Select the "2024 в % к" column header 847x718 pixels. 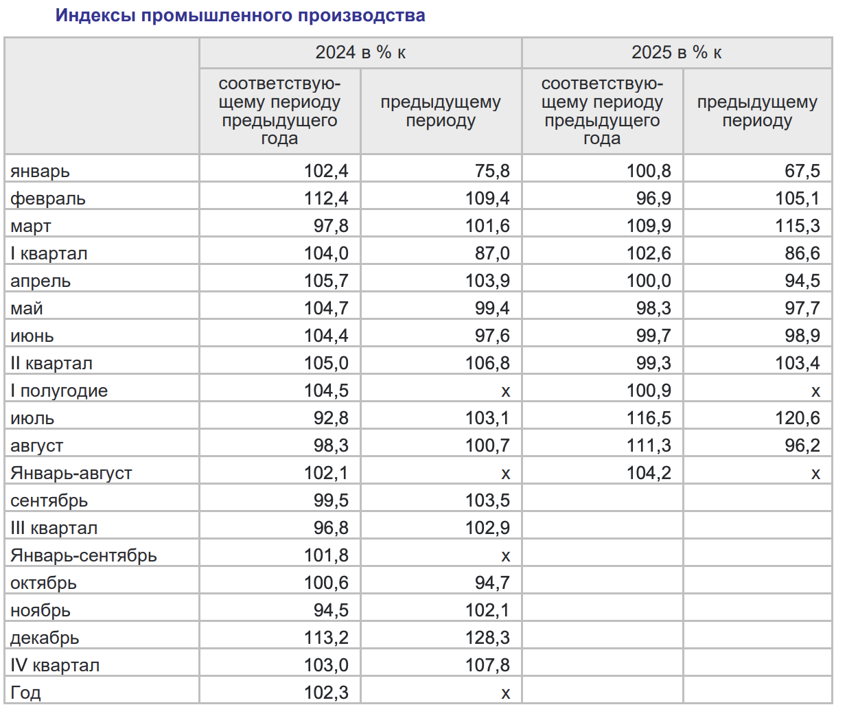[360, 53]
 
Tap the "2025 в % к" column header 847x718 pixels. [676, 53]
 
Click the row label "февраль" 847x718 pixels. [48, 199]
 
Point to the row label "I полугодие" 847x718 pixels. [59, 391]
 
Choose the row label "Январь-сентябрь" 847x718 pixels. [84, 556]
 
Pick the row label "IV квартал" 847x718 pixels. [55, 666]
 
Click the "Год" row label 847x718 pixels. [25, 693]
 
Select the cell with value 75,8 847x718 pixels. [492, 171]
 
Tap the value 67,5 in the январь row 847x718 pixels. [802, 171]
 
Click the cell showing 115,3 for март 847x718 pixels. [798, 226]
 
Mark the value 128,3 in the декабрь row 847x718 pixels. [487, 638]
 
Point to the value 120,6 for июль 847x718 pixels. [798, 418]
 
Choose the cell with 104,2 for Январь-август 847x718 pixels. [649, 473]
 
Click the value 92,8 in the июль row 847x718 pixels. [331, 418]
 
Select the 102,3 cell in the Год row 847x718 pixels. [326, 693]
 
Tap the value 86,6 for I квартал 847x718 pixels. [802, 253]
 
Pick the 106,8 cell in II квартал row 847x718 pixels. [487, 363]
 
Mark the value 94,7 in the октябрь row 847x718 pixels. [492, 583]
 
